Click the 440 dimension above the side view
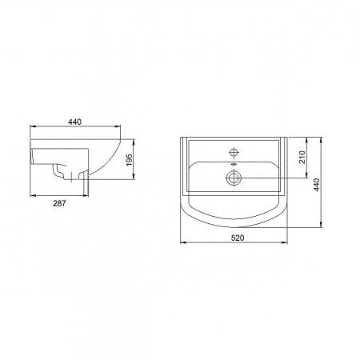pos(75,121)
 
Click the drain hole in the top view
pos(234,176)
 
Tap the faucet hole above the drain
pos(234,151)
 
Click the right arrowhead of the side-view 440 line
pos(119,126)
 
